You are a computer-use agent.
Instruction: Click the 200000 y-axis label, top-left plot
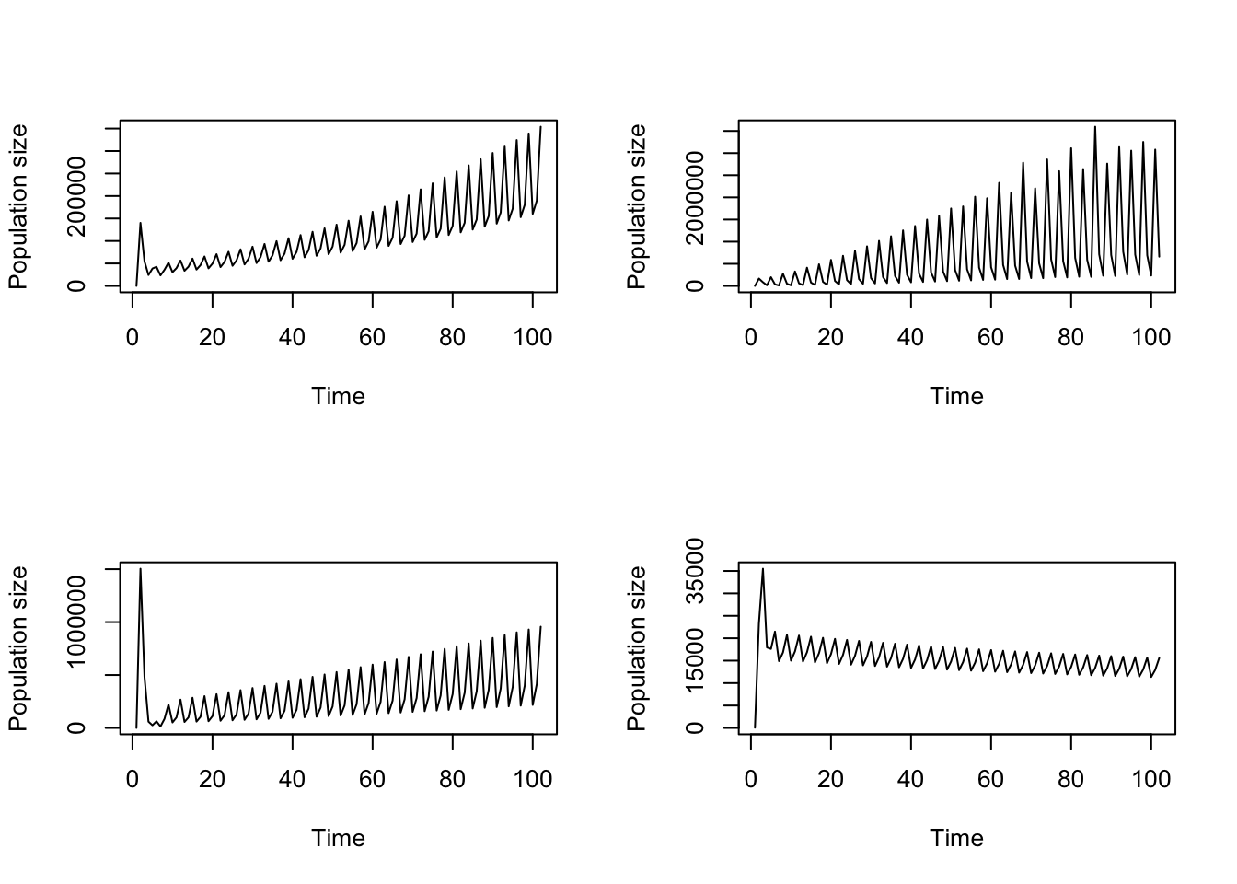(77, 196)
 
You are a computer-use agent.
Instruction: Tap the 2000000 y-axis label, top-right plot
(696, 197)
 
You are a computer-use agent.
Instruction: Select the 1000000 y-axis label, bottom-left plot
(77, 622)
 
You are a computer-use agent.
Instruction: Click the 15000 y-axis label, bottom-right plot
(696, 660)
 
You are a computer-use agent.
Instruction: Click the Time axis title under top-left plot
(338, 397)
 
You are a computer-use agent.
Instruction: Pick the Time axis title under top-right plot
(956, 397)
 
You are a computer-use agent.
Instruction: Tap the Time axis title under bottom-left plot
(338, 839)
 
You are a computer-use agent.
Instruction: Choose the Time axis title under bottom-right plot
(956, 839)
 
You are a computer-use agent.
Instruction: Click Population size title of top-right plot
(637, 206)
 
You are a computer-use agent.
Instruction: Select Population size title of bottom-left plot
(18, 648)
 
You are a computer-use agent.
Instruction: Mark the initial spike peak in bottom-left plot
(140, 569)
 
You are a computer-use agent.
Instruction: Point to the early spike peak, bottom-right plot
(763, 569)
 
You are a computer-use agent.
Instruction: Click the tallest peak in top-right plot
(1095, 127)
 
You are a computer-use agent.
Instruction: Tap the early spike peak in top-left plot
(140, 223)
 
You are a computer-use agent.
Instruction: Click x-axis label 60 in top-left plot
(372, 338)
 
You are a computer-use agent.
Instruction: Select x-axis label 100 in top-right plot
(1150, 338)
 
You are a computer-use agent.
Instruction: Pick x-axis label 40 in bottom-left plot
(292, 780)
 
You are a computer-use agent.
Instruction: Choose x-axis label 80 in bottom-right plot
(1070, 780)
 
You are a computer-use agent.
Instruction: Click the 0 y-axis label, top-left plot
(77, 285)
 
